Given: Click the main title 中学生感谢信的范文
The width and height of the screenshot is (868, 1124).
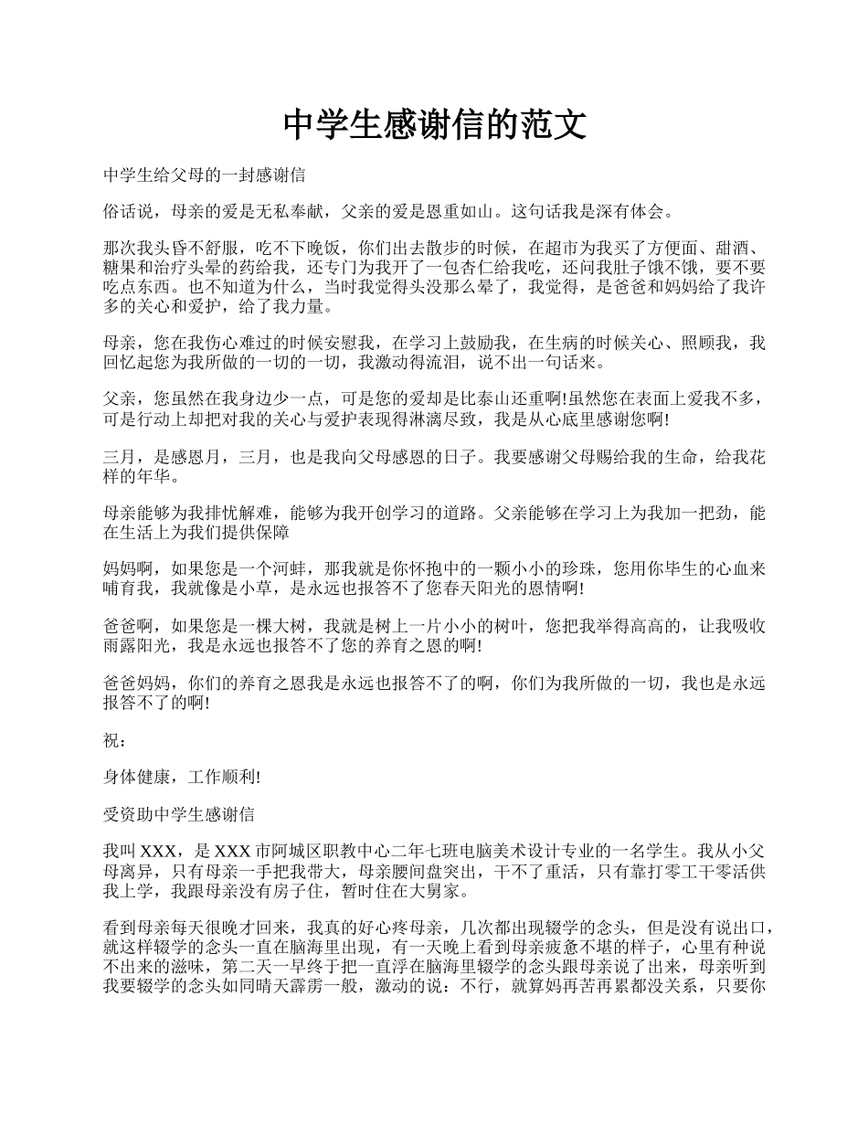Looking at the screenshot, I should [x=434, y=125].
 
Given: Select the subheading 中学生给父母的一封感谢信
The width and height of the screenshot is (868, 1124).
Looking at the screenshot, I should [x=205, y=175].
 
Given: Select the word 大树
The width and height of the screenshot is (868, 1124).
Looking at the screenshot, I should [x=280, y=627].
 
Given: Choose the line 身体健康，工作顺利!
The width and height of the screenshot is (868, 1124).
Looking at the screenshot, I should [x=183, y=778].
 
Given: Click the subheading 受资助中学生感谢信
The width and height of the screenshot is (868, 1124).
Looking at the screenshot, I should [x=179, y=814].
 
